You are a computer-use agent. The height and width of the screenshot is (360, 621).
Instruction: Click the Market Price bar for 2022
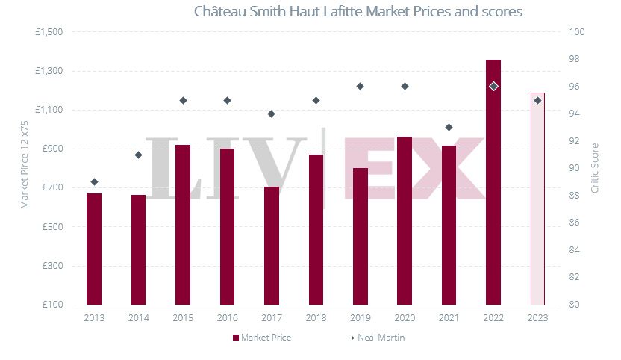point(493,182)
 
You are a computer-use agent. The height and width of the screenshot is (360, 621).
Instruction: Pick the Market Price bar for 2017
point(272,246)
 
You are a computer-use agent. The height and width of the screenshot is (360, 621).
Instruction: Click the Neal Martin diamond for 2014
point(138,155)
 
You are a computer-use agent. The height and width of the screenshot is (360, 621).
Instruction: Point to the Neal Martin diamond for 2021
point(449,127)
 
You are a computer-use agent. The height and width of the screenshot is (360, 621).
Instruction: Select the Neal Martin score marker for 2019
point(360,86)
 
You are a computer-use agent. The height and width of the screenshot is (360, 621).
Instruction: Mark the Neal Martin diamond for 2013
point(94,181)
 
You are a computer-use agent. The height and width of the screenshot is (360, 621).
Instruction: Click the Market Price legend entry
point(261,338)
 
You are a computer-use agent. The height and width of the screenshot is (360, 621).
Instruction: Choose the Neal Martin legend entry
point(378,338)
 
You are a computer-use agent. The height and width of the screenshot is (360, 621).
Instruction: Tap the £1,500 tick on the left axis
point(49,32)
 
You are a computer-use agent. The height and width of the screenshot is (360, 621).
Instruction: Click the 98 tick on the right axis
point(577,59)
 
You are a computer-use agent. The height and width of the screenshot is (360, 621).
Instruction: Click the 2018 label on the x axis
point(316,317)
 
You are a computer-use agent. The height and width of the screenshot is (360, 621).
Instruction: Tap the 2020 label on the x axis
point(405,317)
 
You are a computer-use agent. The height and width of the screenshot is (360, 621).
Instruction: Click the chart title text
point(358,12)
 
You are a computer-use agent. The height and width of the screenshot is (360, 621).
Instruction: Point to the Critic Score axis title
point(595,168)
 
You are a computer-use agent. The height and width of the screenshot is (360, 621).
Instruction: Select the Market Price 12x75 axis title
point(24,168)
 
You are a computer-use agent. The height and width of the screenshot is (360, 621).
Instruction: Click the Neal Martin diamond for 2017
point(272,114)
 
